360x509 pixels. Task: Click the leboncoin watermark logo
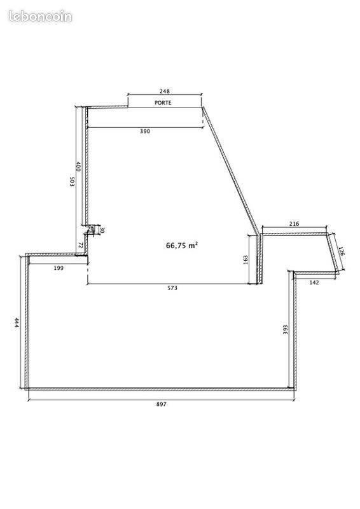tap(40, 17)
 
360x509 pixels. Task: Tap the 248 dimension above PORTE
tap(165, 91)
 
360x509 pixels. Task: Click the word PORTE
tap(163, 102)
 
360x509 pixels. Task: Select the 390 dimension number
tap(145, 131)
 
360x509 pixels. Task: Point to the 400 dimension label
tap(78, 167)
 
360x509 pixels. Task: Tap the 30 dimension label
tap(102, 230)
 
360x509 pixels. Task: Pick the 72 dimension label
tap(81, 245)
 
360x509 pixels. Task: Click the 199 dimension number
tap(59, 268)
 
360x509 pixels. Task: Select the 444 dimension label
tap(17, 323)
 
